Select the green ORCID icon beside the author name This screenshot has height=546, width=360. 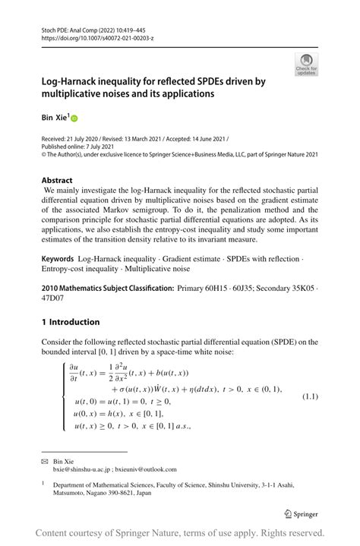[74, 118]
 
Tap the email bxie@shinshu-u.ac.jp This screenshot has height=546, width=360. [81, 469]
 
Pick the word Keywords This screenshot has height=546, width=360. [62, 260]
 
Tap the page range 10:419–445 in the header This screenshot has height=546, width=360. [131, 28]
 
